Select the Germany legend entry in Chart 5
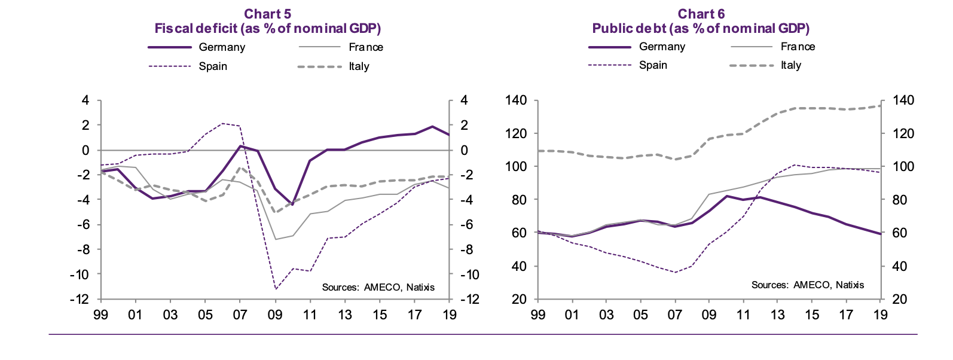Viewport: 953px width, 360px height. pyautogui.click(x=222, y=47)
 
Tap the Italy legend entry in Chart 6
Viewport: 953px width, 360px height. pyautogui.click(x=790, y=65)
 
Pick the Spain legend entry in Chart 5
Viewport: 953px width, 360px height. pyautogui.click(x=213, y=66)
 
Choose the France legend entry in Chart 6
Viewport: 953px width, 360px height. pyautogui.click(x=798, y=47)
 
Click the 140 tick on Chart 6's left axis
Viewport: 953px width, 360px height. pyautogui.click(x=515, y=100)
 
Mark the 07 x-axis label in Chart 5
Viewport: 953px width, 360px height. pyautogui.click(x=240, y=315)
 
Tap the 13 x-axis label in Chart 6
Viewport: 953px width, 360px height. pyautogui.click(x=777, y=315)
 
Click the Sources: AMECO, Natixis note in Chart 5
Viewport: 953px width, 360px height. pyautogui.click(x=378, y=287)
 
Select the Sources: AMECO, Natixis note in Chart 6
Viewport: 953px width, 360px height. pyautogui.click(x=807, y=285)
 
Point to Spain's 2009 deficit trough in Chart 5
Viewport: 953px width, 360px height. pyautogui.click(x=276, y=289)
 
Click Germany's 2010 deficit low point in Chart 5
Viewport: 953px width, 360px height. pyautogui.click(x=292, y=204)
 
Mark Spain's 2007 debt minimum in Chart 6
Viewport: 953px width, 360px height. pyautogui.click(x=675, y=272)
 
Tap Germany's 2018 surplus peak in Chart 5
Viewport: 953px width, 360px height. pyautogui.click(x=432, y=127)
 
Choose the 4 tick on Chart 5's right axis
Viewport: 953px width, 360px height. pyautogui.click(x=463, y=100)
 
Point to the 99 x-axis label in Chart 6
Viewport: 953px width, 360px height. pyautogui.click(x=537, y=315)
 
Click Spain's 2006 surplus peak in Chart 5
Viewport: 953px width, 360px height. pyautogui.click(x=222, y=124)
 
